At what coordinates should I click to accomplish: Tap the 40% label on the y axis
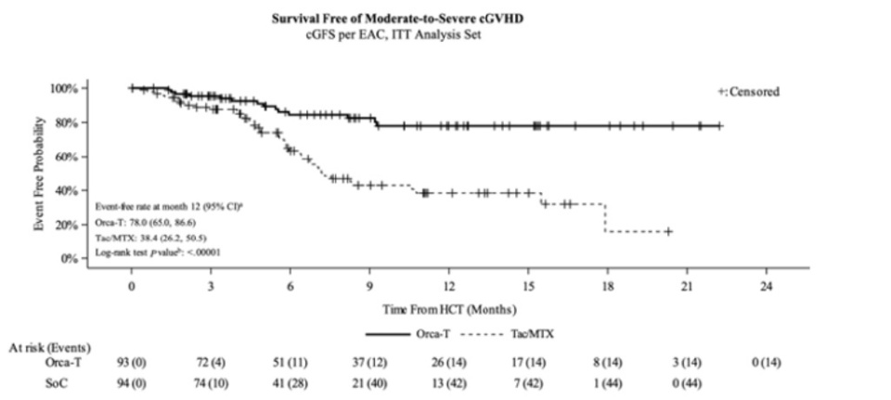[66, 191]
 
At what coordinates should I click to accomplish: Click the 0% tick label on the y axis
[69, 259]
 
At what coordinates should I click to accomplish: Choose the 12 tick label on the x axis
[449, 286]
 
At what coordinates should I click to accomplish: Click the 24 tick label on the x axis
[766, 286]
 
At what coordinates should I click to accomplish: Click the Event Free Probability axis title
[39, 174]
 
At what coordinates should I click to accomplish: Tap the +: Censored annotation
[749, 92]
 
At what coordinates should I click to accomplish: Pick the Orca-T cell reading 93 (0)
[132, 364]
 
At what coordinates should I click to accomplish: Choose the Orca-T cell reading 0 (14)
[766, 364]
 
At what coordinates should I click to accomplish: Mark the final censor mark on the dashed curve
[667, 231]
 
